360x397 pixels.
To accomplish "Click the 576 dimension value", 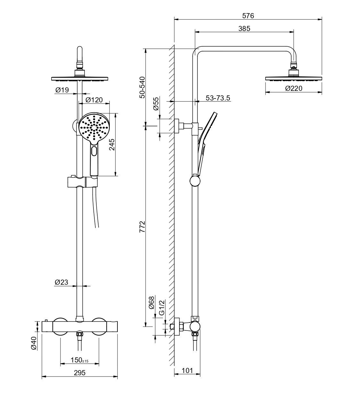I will (248, 16).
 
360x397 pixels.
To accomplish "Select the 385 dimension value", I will (244, 28).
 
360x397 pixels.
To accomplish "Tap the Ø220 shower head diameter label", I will (293, 89).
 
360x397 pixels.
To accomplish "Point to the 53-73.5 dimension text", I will (218, 98).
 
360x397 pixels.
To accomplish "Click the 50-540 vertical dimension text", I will (142, 87).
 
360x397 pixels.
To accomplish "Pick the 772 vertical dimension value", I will (142, 226).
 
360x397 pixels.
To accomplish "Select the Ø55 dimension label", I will (156, 104).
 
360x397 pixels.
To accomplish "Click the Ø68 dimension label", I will (152, 302).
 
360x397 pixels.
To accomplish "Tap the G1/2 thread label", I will (162, 307).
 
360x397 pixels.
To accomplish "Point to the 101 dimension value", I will (187, 370).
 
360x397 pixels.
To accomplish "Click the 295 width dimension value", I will (79, 373).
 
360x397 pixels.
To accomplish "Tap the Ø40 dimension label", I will (34, 343).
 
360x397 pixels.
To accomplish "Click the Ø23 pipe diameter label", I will (61, 282).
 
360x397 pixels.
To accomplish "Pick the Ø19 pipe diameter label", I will (62, 90).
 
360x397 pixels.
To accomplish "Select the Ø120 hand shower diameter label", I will (94, 100).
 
